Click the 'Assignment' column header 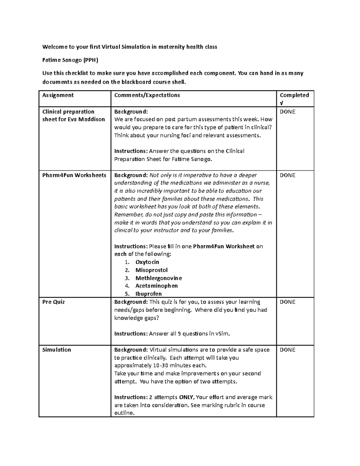tap(58, 95)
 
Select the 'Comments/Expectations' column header tap(147, 95)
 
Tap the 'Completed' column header tap(294, 95)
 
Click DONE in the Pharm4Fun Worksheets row tap(287, 175)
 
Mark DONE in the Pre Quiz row tap(287, 302)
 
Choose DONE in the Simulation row tap(287, 350)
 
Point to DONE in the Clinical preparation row tap(287, 112)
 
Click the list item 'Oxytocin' tap(147, 262)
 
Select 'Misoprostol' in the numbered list tap(151, 270)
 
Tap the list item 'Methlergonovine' tap(158, 278)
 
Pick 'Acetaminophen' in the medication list tap(157, 286)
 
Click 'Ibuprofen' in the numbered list tap(148, 294)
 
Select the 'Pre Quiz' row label tap(53, 302)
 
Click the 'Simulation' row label tap(57, 350)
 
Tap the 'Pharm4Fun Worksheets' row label tap(74, 175)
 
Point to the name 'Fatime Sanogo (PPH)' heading tap(70, 60)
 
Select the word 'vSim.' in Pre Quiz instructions tap(223, 334)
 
